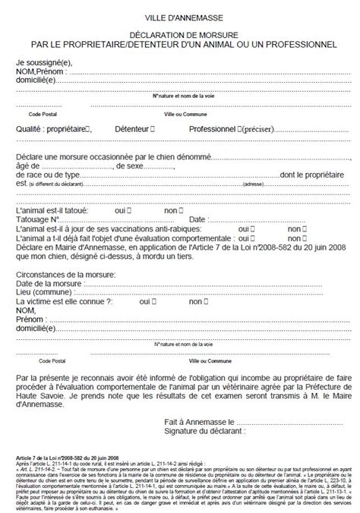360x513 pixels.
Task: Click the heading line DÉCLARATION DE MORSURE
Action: [181, 35]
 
